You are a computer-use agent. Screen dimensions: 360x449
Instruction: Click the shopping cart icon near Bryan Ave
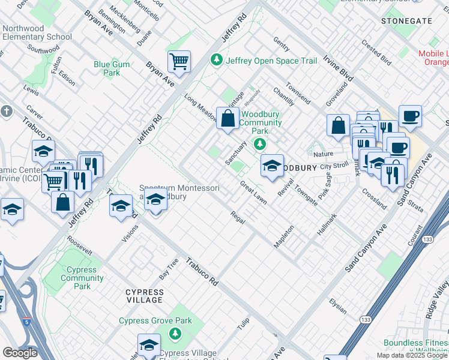[179, 61]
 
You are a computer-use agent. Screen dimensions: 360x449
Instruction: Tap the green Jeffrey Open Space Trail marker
[215, 60]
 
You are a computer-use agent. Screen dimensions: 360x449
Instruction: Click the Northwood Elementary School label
[37, 32]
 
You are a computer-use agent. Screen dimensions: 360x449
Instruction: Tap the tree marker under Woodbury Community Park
[260, 143]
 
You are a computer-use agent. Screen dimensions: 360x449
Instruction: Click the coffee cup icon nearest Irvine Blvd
[410, 116]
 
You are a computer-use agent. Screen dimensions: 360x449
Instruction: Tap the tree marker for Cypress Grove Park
[175, 332]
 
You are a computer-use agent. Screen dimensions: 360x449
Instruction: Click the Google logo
[20, 352]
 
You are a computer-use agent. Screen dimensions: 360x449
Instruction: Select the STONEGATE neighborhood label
[406, 20]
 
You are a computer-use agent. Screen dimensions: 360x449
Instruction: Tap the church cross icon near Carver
[7, 112]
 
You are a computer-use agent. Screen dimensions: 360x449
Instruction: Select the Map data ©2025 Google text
[411, 355]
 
